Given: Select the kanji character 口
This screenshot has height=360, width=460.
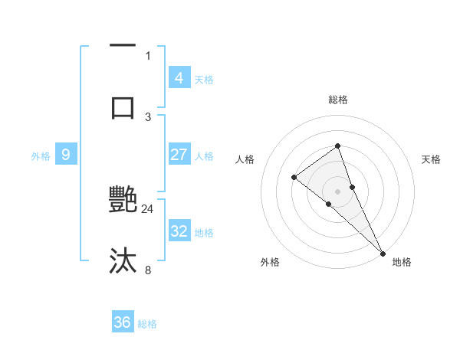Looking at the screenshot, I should tap(123, 106).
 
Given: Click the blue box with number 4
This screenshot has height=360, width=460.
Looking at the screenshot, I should tap(179, 77).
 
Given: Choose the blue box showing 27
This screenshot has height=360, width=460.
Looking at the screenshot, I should tap(179, 155).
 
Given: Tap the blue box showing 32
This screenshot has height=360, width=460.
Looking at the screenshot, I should tap(179, 231).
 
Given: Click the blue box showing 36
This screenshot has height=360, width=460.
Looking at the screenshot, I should tap(123, 322).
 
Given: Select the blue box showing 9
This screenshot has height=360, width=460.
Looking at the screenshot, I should tap(66, 155).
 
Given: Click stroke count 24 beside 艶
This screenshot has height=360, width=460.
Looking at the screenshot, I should tap(148, 208).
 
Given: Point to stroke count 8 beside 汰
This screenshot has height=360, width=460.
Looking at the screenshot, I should tap(148, 270).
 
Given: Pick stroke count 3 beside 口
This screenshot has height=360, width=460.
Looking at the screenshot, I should tap(148, 116).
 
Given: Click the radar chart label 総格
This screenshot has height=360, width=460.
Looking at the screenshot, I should tap(338, 100).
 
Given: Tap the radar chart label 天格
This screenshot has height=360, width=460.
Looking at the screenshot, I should tap(432, 159).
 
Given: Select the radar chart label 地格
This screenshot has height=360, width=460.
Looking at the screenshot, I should tap(402, 263).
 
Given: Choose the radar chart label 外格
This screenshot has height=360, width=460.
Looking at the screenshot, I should tap(270, 263).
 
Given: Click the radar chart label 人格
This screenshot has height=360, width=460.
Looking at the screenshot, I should tap(245, 159).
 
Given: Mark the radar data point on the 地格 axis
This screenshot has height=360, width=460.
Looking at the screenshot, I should tap(383, 252).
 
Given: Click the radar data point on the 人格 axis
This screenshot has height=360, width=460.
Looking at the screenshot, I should tap(294, 178).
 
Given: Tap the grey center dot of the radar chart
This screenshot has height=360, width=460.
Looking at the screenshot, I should tap(338, 191).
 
